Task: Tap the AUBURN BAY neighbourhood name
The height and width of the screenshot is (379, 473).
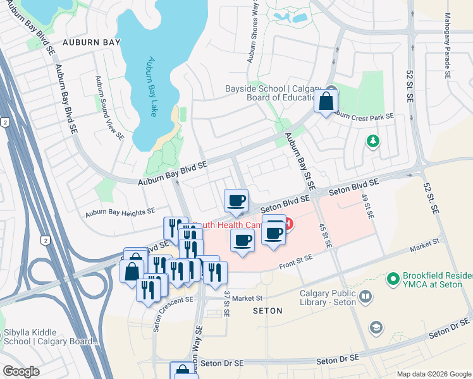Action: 87,43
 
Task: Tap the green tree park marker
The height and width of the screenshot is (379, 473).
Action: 373,140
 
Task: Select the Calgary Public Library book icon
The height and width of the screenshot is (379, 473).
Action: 365,296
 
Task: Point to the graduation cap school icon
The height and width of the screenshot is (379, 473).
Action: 376,327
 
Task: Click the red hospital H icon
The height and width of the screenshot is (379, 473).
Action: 288,224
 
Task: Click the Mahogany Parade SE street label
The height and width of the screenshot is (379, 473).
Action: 447,45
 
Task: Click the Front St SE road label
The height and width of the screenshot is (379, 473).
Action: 296,264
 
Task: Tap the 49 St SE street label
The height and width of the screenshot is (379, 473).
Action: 365,206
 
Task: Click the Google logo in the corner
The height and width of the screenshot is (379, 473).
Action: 21,371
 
